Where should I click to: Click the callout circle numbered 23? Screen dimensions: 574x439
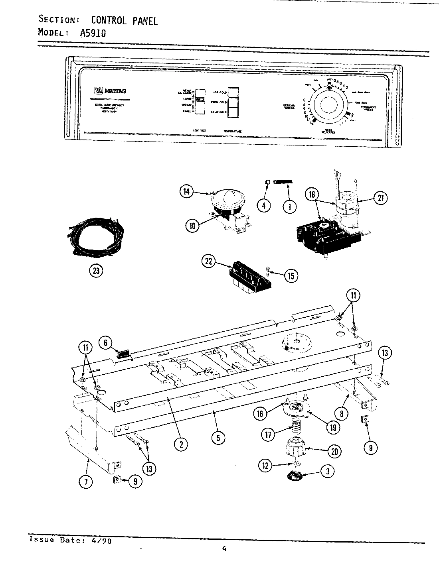click(x=95, y=271)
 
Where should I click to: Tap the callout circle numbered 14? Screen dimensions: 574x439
click(x=186, y=192)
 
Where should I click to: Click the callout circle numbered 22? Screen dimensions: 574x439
click(x=209, y=261)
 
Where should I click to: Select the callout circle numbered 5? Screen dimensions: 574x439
click(x=218, y=438)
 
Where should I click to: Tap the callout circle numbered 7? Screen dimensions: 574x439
click(x=85, y=482)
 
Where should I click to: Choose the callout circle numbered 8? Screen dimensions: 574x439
click(x=341, y=414)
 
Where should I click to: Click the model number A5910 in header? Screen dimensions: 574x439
click(x=93, y=33)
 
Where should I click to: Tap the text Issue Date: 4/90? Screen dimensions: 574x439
click(x=71, y=541)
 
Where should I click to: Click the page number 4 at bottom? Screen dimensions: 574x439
click(x=224, y=549)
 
